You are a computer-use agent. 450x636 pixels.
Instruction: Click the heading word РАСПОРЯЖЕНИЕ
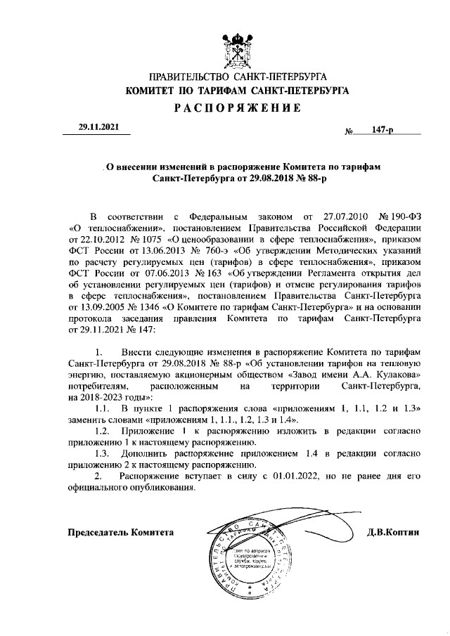[237, 108]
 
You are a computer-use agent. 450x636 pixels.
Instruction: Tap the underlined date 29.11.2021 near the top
[99, 127]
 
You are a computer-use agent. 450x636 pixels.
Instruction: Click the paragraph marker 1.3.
[101, 454]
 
